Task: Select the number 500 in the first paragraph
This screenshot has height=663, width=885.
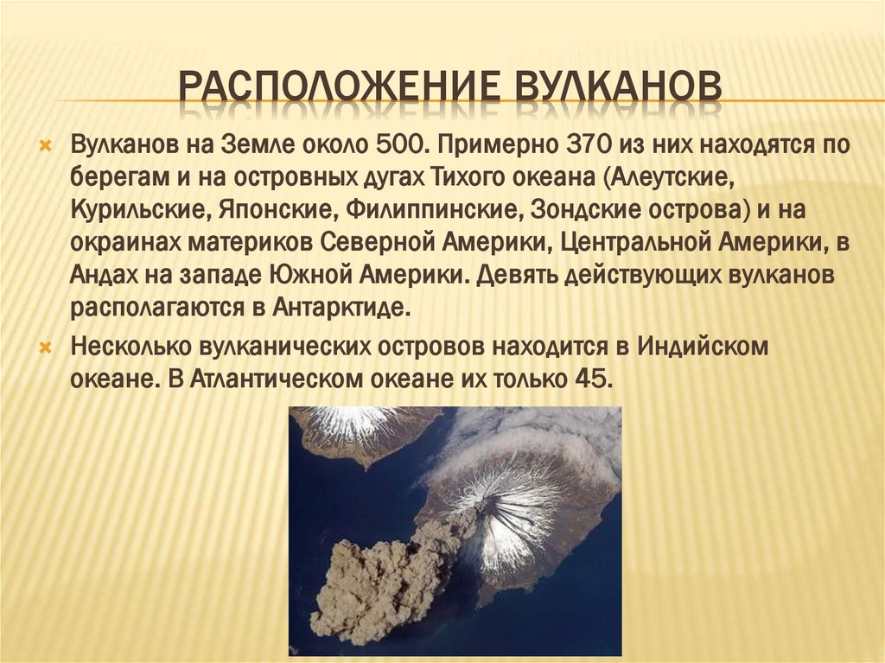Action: (x=402, y=143)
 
